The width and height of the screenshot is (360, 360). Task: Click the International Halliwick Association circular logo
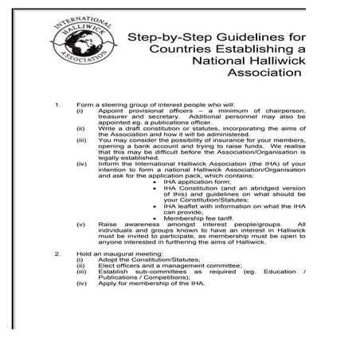83,45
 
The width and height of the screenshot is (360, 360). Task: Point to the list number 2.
57,255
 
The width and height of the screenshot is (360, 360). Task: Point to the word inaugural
126,255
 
